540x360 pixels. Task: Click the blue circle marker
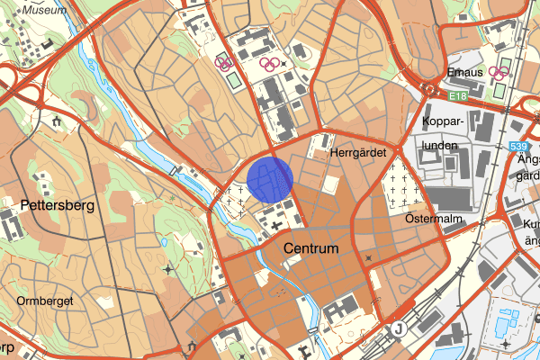point(270,179)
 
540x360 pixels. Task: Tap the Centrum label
point(310,247)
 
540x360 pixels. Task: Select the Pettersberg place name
point(56,206)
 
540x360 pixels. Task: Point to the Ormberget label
point(44,301)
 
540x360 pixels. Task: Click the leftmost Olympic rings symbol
point(224,62)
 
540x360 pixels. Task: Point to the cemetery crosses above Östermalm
point(398,189)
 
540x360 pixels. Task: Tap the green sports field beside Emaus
point(494,91)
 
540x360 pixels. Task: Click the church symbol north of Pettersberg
point(57,120)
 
